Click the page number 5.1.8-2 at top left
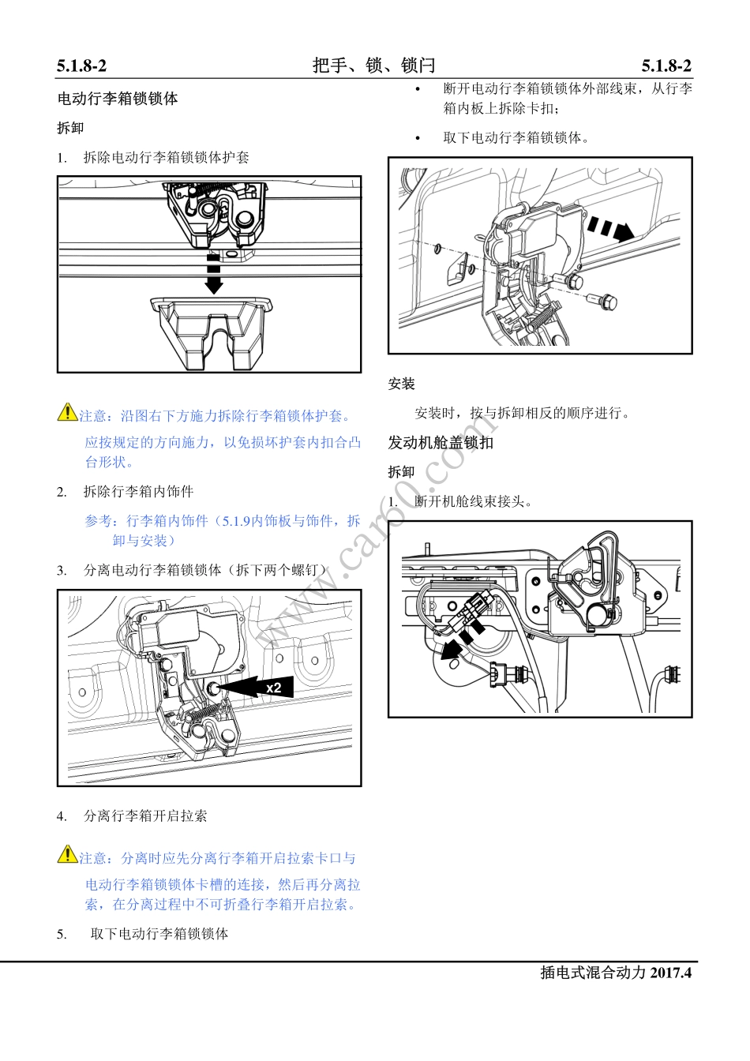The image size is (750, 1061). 81,66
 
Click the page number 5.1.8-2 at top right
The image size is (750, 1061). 666,66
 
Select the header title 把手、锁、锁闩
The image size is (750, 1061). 373,66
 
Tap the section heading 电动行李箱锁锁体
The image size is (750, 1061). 118,99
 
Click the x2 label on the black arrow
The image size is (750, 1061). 273,688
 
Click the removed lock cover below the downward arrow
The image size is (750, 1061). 211,331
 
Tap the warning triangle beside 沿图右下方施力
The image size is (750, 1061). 67,412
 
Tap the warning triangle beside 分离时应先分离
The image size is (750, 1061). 67,854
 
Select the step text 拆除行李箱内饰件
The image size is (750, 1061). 138,492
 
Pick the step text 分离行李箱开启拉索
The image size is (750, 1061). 145,816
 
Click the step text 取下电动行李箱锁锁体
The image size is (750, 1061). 159,934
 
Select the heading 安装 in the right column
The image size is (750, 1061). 401,384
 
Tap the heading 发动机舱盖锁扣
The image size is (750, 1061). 441,443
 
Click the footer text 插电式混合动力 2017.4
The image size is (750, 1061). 615,973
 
